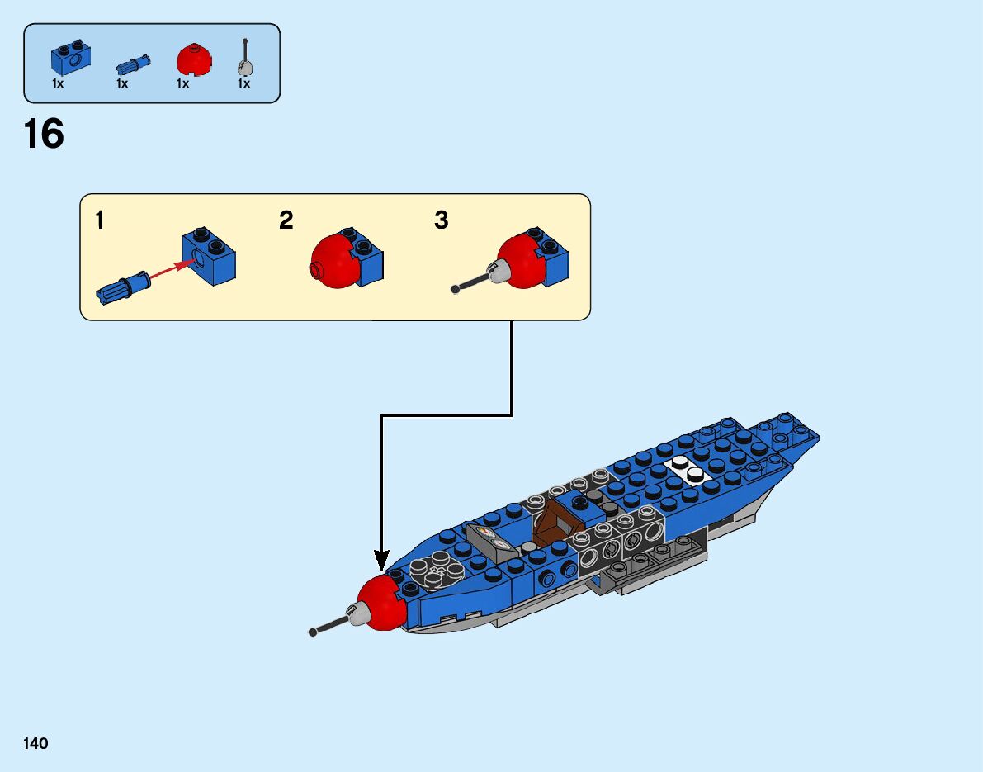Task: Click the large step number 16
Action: click(44, 134)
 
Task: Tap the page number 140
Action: click(35, 744)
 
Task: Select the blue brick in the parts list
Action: click(70, 59)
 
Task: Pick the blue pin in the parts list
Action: click(132, 64)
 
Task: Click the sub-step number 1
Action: click(100, 220)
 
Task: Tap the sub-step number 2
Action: click(286, 220)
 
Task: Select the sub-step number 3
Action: click(442, 220)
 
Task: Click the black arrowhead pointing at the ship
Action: click(381, 561)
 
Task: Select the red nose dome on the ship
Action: click(382, 604)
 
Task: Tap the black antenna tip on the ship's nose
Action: click(313, 632)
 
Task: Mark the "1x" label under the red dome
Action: click(183, 83)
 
